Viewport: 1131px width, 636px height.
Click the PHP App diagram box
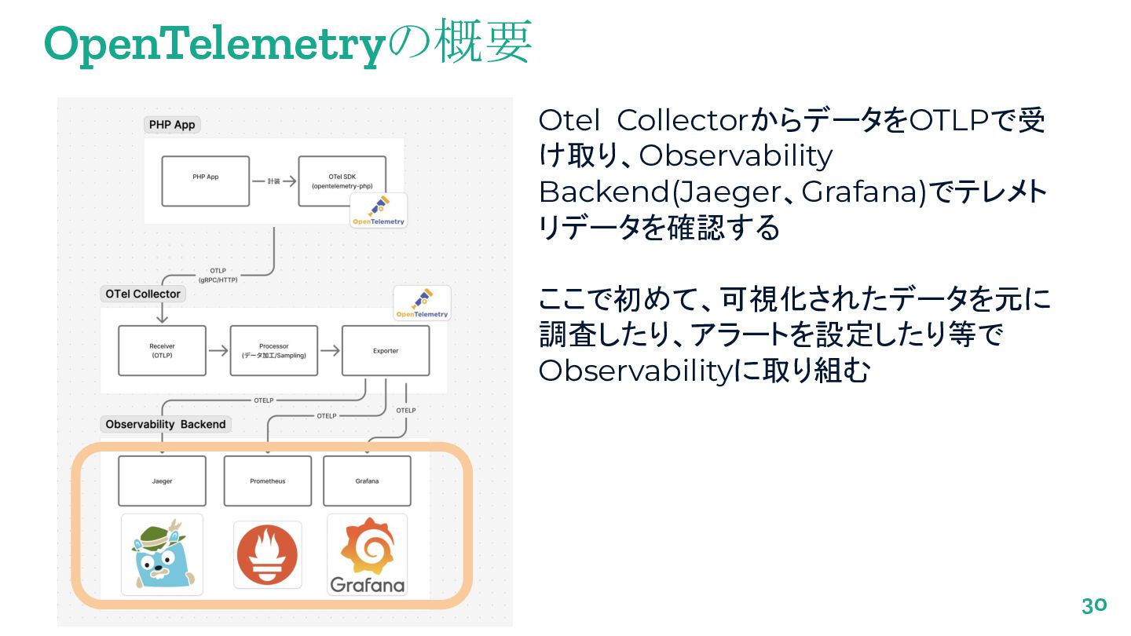click(x=205, y=181)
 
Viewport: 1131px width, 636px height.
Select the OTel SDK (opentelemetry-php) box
click(x=342, y=181)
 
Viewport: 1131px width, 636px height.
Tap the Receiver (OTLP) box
click(x=162, y=350)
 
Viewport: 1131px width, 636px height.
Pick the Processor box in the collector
click(x=273, y=350)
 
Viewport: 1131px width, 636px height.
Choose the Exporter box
click(x=386, y=350)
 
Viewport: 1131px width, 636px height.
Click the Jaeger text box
click(x=162, y=481)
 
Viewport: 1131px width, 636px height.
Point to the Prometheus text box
click(x=267, y=481)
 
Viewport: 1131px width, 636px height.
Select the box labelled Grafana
click(x=367, y=481)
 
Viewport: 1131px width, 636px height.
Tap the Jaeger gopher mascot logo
click(x=162, y=554)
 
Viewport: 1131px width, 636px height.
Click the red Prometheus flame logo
click(x=267, y=554)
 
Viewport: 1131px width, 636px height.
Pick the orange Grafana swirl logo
click(x=367, y=550)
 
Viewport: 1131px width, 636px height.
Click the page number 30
click(x=1093, y=606)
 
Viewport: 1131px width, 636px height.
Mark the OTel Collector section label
click(x=143, y=294)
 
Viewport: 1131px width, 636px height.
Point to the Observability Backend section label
click(x=166, y=424)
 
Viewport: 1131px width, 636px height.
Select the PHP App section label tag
click(x=172, y=124)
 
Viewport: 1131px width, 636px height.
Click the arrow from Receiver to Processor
click(x=218, y=350)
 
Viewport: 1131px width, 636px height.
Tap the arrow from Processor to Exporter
click(x=330, y=350)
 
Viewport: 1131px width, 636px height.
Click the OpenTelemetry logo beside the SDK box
click(x=379, y=210)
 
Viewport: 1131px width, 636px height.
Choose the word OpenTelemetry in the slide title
click(x=213, y=44)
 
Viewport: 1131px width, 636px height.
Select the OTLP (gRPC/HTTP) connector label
click(x=218, y=275)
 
